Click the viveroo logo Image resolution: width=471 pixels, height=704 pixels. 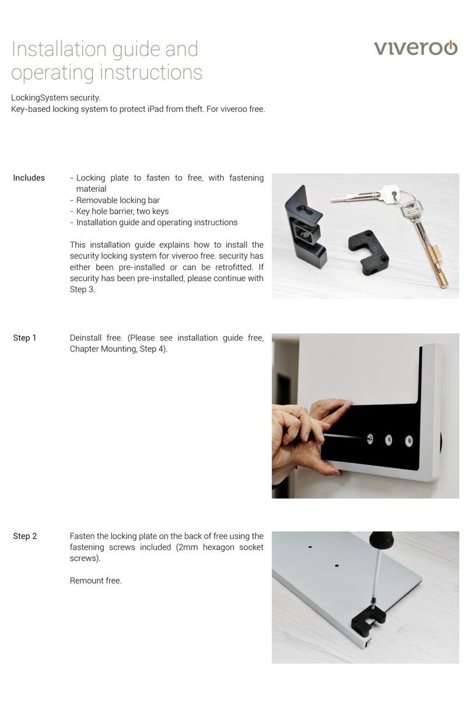[415, 47]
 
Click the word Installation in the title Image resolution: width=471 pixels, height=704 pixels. [57, 49]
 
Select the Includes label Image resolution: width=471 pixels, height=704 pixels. [29, 178]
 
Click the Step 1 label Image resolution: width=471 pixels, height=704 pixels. [24, 338]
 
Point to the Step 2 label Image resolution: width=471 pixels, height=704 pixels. [24, 536]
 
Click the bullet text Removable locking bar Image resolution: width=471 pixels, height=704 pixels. [118, 200]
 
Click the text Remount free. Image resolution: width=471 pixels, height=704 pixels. [96, 581]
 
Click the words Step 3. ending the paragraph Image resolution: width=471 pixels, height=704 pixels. [82, 289]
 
